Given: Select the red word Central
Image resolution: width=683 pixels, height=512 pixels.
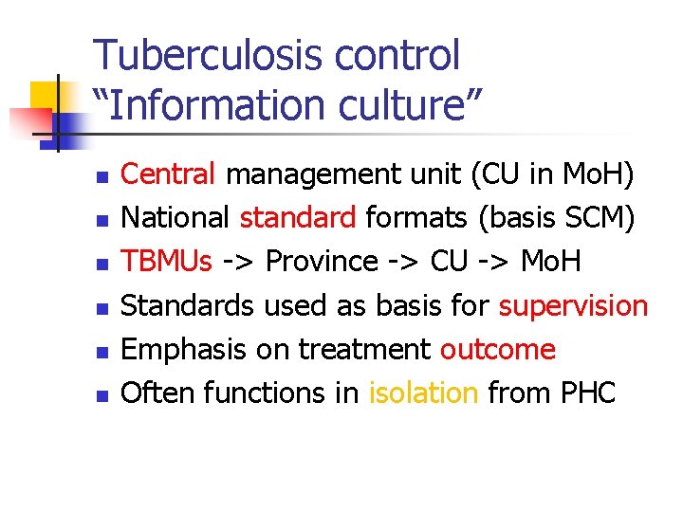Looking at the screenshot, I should pyautogui.click(x=170, y=174).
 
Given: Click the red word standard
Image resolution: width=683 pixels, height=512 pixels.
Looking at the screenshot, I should pyautogui.click(x=297, y=218).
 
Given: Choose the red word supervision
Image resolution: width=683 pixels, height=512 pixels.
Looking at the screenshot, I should pyautogui.click(x=573, y=306).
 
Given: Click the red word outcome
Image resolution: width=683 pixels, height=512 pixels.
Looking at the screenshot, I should pyautogui.click(x=497, y=350).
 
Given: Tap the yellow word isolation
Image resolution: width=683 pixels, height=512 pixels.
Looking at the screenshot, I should pyautogui.click(x=422, y=393).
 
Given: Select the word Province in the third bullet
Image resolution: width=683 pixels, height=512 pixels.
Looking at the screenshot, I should pyautogui.click(x=322, y=262).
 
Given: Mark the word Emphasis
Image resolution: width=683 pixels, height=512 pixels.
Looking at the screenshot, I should pyautogui.click(x=180, y=350).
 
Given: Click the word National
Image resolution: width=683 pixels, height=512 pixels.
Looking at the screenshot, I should pyautogui.click(x=176, y=218).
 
